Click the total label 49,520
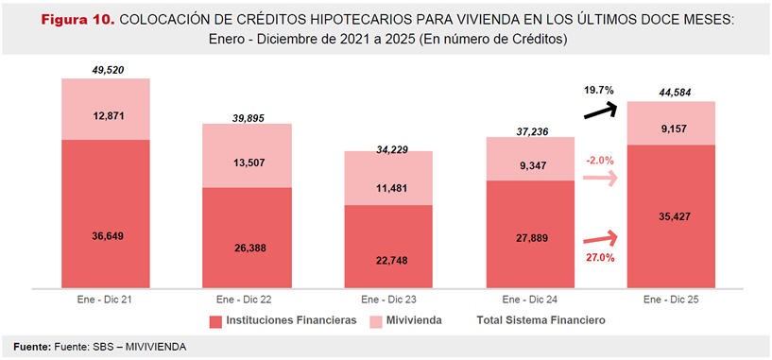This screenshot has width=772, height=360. pyautogui.click(x=106, y=70)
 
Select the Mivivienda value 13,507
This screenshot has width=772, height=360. pyautogui.click(x=248, y=162)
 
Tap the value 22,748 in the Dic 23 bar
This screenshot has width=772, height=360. pyautogui.click(x=389, y=258)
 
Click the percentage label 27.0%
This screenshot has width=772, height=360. pyautogui.click(x=598, y=258)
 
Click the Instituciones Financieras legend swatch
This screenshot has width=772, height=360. pyautogui.click(x=214, y=321)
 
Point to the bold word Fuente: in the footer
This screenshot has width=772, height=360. pyautogui.click(x=32, y=347)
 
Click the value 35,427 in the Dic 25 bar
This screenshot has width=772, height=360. pyautogui.click(x=671, y=216)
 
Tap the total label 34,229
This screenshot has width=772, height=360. pyautogui.click(x=389, y=142)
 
